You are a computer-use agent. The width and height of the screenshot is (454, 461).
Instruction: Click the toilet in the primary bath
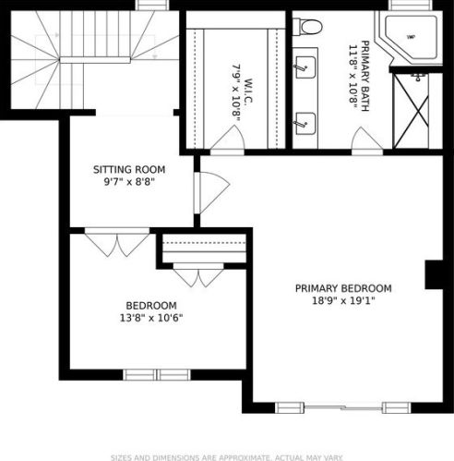tap(307, 27)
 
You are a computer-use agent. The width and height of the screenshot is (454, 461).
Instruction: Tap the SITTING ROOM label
tap(129, 170)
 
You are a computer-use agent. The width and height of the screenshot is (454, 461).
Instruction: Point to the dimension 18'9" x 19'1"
tap(343, 300)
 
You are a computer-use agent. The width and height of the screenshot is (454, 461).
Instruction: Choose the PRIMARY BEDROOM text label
tap(343, 287)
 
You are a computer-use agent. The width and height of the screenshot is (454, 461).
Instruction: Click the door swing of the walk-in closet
tap(227, 140)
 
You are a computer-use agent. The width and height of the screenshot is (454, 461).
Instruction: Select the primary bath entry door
tap(367, 141)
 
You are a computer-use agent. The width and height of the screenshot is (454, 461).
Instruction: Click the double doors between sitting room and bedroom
tap(117, 242)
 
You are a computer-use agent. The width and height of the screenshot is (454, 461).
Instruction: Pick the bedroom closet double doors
tap(198, 274)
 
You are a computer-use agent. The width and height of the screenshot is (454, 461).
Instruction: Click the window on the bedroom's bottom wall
tap(156, 374)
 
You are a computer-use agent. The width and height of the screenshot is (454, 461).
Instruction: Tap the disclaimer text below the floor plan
tap(227, 456)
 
